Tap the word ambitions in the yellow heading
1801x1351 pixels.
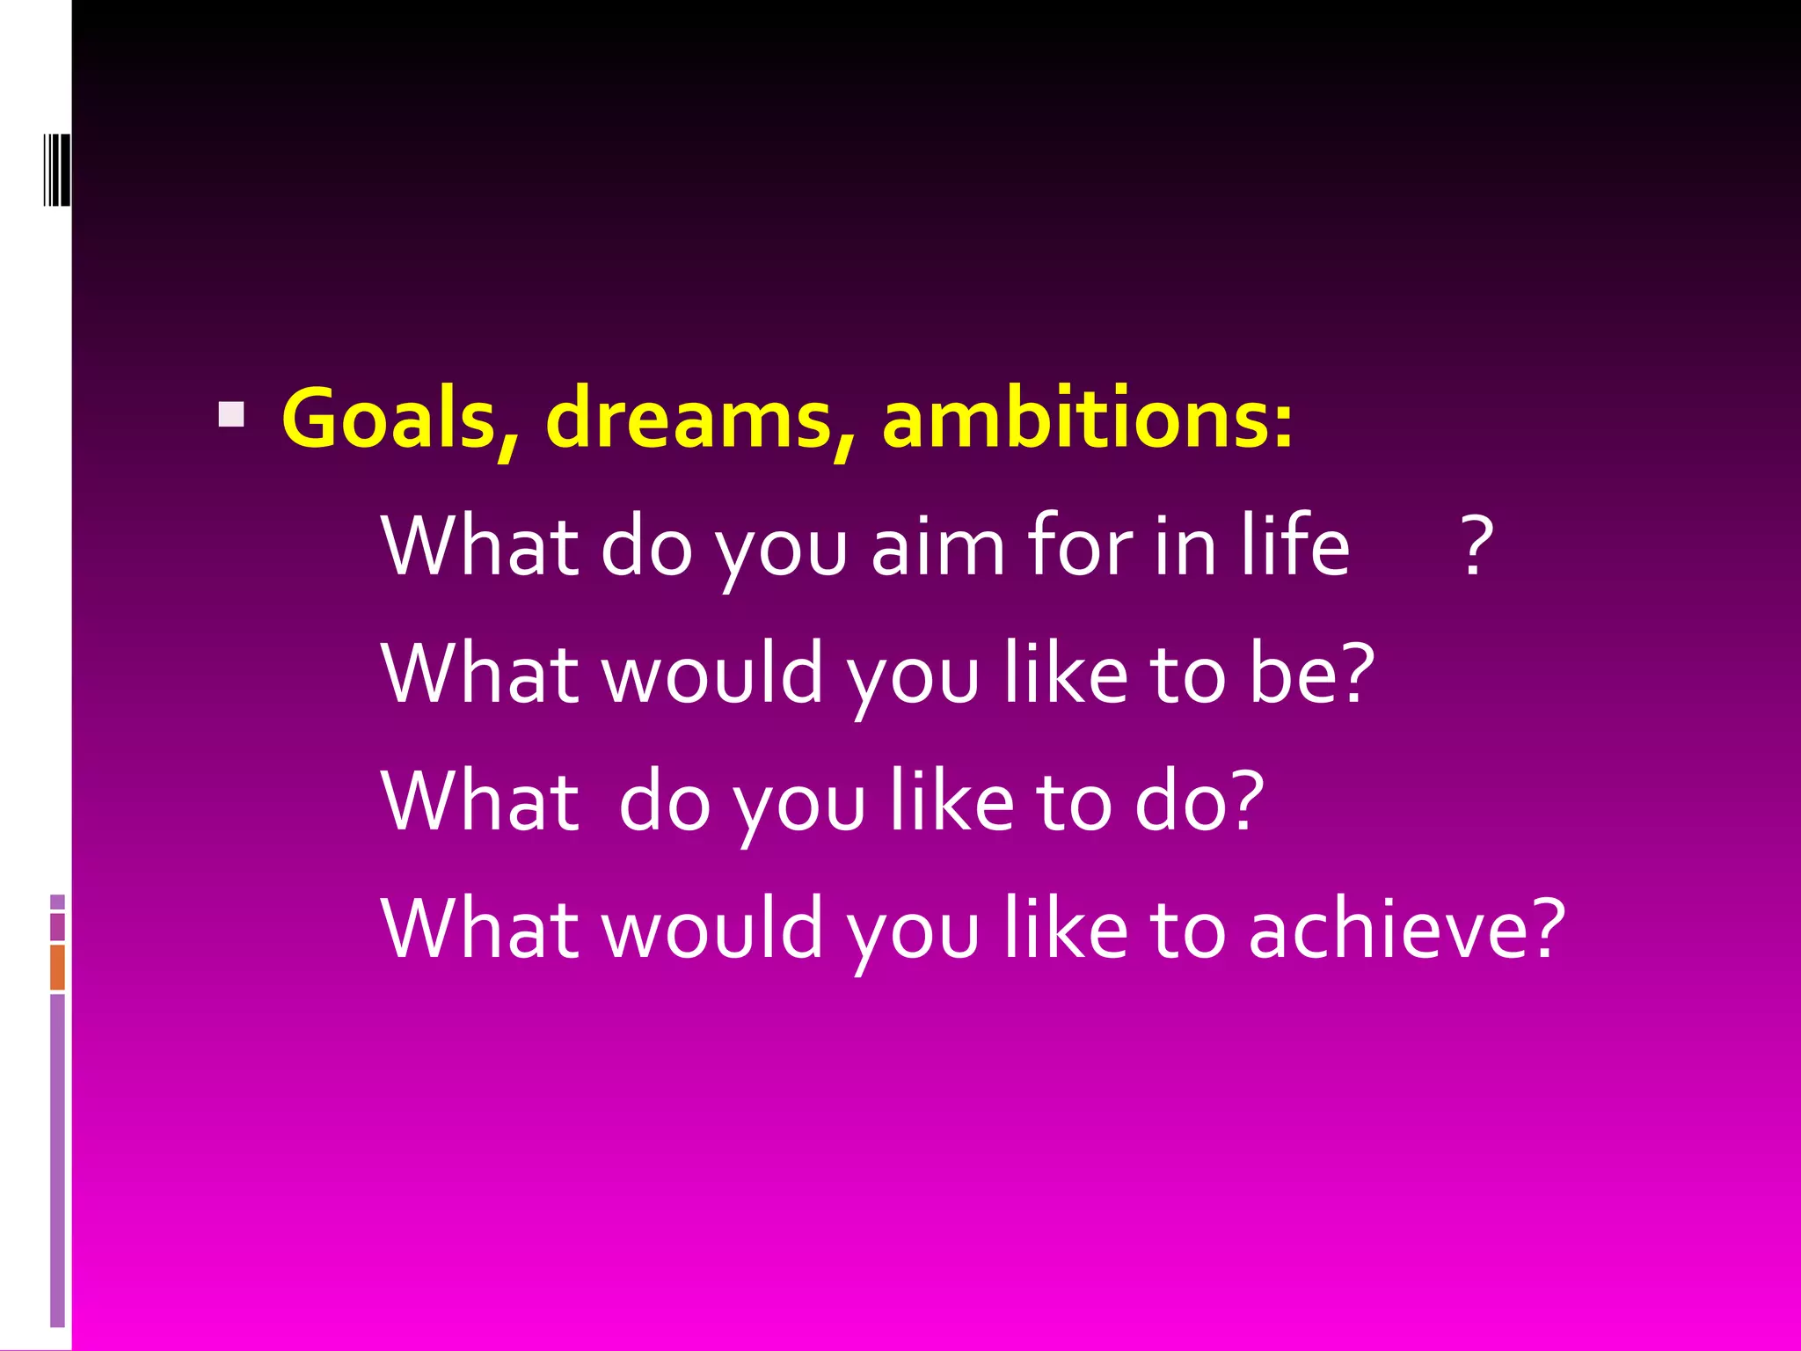[x=1075, y=419]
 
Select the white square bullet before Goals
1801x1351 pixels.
[x=231, y=414]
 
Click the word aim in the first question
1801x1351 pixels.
[x=937, y=547]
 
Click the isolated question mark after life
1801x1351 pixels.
[x=1477, y=547]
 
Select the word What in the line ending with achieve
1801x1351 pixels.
[x=480, y=929]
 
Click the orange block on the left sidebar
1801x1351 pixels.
[x=57, y=967]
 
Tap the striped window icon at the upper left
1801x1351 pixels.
[x=56, y=169]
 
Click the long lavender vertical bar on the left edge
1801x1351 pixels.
[x=57, y=1159]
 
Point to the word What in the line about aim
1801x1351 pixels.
[x=480, y=547]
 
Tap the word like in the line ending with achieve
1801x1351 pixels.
[x=1066, y=929]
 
